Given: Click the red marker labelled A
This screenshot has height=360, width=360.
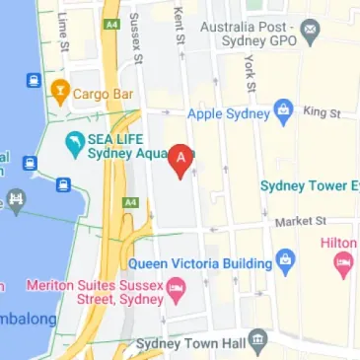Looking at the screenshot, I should coord(181,159).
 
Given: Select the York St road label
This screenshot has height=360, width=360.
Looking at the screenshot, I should coord(251,73).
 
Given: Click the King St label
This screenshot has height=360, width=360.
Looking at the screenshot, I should coord(322,114).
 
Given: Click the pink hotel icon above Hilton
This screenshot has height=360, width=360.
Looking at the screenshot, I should coord(343,260).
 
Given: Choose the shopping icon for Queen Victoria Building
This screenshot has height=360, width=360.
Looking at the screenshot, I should coord(286,262).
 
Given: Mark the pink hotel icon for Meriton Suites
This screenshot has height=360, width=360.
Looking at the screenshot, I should coord(178,289).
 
